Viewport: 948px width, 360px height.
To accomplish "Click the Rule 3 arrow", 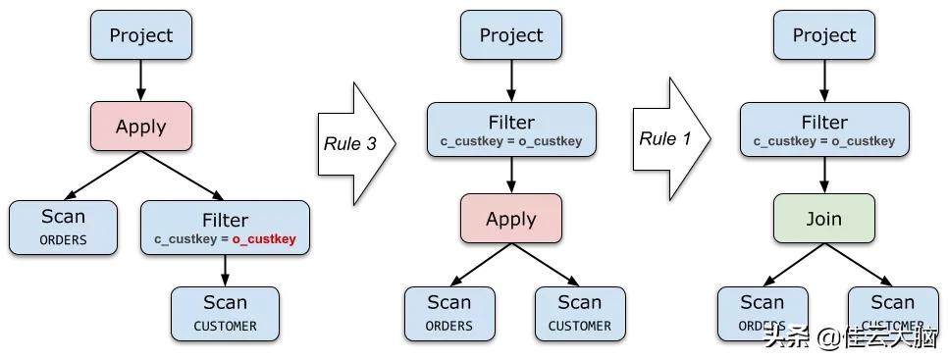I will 353,144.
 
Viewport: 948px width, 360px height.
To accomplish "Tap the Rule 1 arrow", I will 669,139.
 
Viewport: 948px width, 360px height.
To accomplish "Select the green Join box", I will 823,218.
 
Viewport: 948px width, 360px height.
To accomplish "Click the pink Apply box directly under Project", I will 140,126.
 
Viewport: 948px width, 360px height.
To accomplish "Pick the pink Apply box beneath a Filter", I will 510,218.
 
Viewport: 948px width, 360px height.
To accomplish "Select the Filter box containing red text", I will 225,228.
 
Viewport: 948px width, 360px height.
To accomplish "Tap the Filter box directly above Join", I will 823,129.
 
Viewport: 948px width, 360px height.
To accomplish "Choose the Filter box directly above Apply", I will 510,129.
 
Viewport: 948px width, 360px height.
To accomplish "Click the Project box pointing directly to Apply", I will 140,35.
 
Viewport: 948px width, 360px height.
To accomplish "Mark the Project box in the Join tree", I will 823,35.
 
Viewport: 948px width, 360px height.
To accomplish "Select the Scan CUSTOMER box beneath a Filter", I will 225,312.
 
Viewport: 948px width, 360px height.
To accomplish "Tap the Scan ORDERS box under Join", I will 762,312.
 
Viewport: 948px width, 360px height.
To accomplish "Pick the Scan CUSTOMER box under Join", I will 892,312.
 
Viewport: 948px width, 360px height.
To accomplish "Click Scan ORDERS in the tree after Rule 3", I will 448,312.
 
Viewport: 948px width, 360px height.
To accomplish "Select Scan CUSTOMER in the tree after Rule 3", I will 579,312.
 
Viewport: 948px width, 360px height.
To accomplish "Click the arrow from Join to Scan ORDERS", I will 790,265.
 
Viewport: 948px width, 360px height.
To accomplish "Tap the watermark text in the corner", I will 844,339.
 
